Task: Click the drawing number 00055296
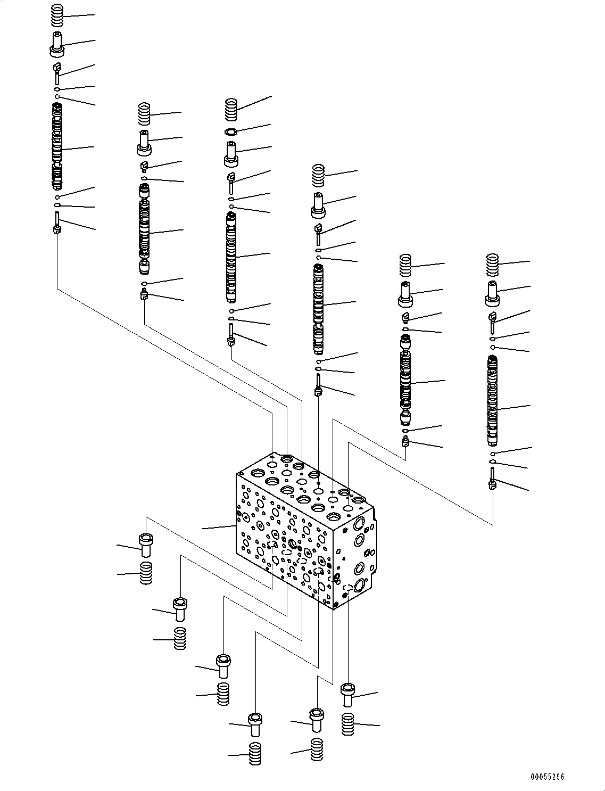546,777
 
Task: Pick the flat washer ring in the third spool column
230,131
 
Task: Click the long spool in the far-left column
57,146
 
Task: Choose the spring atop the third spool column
230,109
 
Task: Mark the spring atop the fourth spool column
318,176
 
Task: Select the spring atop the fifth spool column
406,266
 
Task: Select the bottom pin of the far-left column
57,223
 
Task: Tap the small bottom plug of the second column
144,294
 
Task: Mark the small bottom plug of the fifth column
406,441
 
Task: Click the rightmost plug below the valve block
348,695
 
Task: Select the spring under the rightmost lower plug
348,724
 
